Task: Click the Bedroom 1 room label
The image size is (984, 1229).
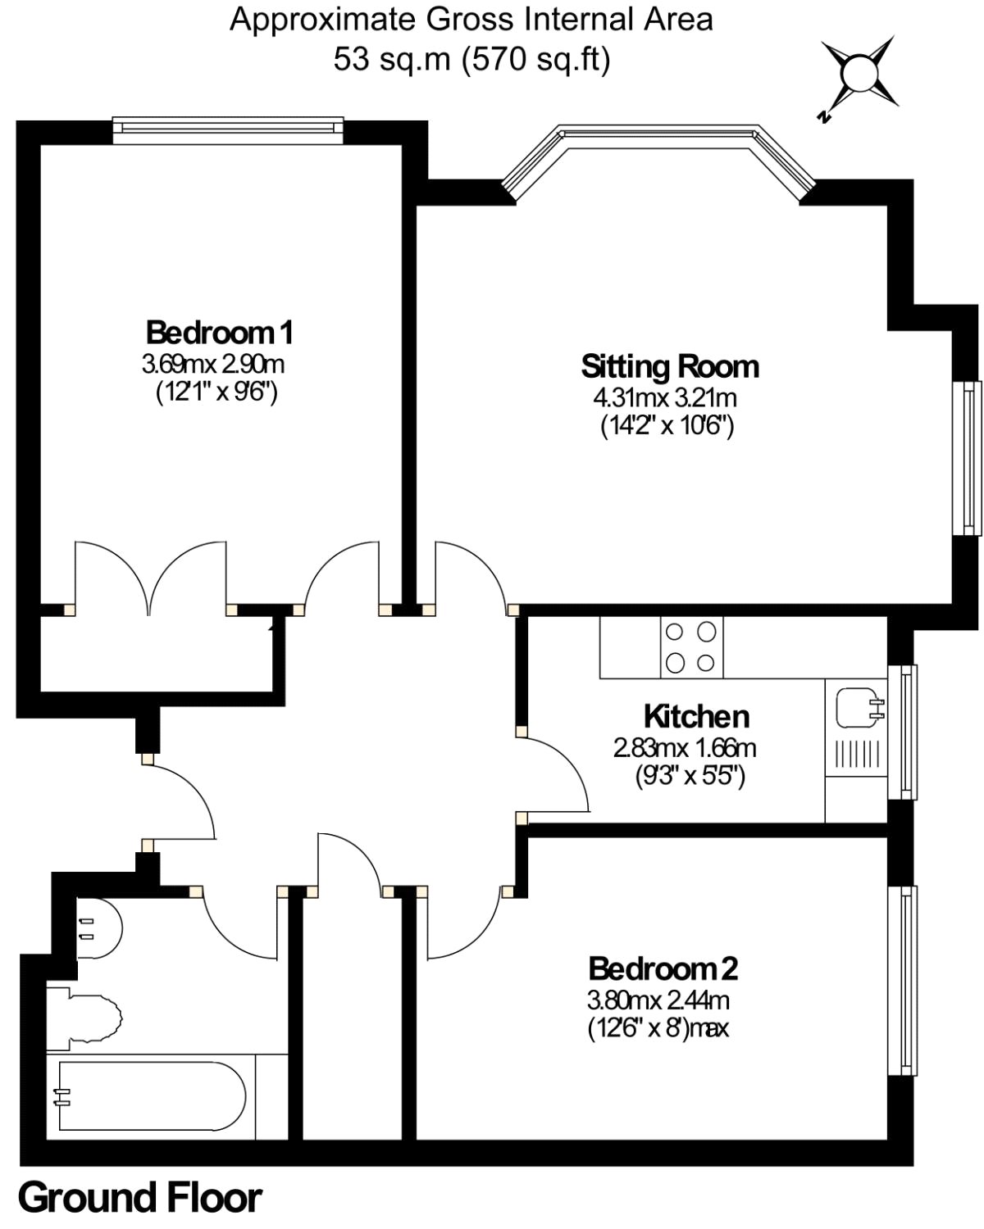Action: point(219,333)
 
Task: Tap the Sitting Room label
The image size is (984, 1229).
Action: point(670,366)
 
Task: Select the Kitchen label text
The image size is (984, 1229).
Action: point(696,716)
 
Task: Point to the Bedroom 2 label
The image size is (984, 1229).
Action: point(663,968)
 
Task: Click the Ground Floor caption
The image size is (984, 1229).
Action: point(139,1198)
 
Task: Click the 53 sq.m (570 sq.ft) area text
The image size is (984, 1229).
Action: point(471,59)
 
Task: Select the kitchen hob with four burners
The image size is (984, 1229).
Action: point(691,647)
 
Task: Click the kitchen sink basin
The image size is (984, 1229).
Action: point(857,708)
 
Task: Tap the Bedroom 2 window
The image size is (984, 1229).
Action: point(904,980)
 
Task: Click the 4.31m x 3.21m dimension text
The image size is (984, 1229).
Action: point(665,398)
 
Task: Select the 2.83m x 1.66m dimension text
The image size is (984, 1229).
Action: point(685,747)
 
